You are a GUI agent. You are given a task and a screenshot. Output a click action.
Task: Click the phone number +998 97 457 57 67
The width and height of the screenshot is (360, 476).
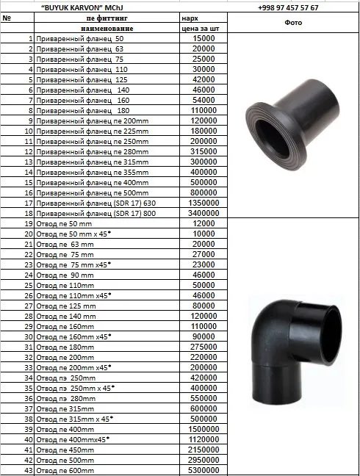pyautogui.click(x=288, y=7)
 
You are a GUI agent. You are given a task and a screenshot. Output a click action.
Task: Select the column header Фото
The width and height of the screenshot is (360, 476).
pyautogui.click(x=293, y=23)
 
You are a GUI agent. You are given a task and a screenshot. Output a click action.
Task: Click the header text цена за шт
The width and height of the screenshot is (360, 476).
pyautogui.click(x=200, y=29)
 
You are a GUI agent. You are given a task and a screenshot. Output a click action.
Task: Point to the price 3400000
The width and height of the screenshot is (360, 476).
pyautogui.click(x=204, y=213)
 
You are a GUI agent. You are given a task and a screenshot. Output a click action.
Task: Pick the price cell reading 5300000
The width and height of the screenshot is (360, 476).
pyautogui.click(x=204, y=470)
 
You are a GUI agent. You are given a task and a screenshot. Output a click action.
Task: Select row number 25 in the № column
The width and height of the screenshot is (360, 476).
pyautogui.click(x=29, y=285)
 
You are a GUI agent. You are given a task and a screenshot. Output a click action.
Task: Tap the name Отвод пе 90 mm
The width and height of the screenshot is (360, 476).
pyautogui.click(x=65, y=275)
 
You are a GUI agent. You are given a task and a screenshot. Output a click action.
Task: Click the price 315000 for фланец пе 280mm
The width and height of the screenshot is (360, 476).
pyautogui.click(x=204, y=151)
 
